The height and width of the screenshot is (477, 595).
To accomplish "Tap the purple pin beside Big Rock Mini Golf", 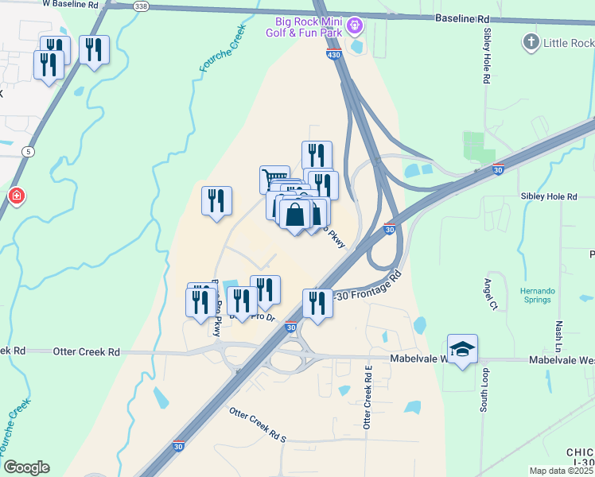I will coord(356,27).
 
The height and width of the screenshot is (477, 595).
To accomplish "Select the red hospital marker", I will coord(16,196).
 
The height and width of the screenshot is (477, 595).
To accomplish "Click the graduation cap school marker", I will coord(462,349).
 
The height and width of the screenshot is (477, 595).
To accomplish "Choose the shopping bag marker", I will coord(294,215).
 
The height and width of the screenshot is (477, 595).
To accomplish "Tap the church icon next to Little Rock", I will coord(531,42).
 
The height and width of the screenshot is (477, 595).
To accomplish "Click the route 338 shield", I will coord(141,6).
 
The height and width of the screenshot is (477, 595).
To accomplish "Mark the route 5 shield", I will coord(28,150).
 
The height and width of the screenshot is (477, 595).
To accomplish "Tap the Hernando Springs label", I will coord(539,294).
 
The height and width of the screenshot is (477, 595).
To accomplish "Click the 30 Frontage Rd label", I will coord(371,286).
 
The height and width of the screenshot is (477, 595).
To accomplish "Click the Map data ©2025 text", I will coord(561,471).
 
